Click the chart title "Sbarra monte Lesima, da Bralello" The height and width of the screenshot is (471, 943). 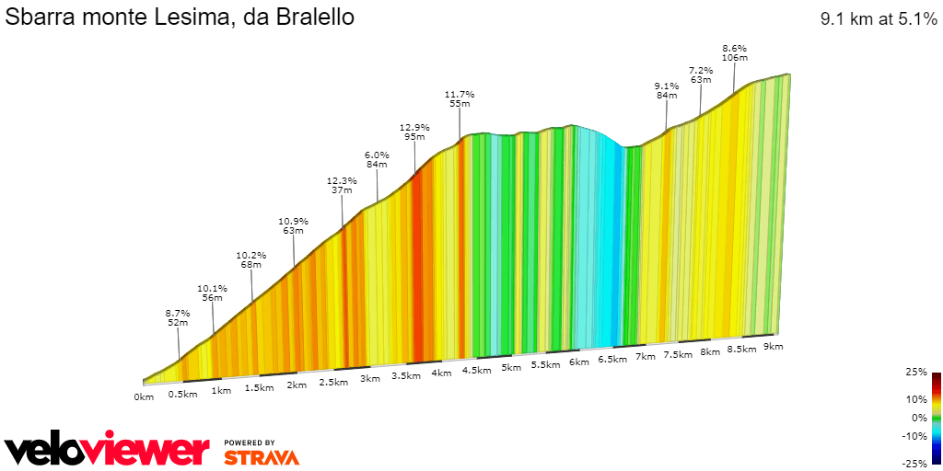coord(180,17)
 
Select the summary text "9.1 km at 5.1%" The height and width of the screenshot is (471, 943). coord(879,18)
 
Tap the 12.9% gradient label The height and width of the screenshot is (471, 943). coord(414,128)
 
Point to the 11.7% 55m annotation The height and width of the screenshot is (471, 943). coord(460,99)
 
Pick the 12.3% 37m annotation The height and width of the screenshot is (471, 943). coord(342,186)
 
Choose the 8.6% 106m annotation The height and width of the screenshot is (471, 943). coord(734,52)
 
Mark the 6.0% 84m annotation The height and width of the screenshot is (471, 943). coord(377,160)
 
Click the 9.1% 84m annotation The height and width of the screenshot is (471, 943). coord(668,90)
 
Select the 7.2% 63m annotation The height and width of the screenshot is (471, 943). coord(701,75)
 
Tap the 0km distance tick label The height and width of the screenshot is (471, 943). coord(144,396)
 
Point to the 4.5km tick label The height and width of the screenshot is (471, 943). coord(475,370)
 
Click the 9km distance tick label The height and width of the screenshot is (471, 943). coord(773,346)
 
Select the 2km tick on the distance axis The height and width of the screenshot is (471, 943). coord(297,385)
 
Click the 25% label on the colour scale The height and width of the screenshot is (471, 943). coord(915,373)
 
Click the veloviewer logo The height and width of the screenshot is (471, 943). coord(107,450)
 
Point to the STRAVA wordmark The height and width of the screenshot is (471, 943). coord(262,457)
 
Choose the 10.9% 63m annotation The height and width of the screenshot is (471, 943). coord(293,226)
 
